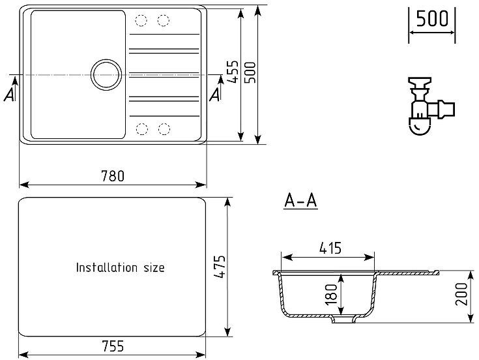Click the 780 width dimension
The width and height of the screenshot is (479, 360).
point(113,176)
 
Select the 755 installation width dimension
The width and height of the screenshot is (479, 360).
point(113,346)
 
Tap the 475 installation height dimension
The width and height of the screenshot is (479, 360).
point(220,267)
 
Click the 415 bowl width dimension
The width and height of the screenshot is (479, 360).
point(330,248)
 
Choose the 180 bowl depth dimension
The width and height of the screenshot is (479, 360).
point(331,294)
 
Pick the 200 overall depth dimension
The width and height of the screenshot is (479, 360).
point(461,294)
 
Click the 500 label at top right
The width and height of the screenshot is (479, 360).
point(432,18)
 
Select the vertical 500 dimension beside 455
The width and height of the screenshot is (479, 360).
point(250,72)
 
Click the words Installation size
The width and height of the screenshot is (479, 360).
point(121,267)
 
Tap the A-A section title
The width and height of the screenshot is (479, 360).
point(301,201)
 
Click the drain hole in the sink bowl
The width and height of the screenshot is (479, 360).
point(106,75)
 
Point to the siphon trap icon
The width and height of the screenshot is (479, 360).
point(431,106)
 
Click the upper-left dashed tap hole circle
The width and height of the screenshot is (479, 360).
point(141,20)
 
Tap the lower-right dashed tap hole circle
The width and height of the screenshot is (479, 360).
point(164,129)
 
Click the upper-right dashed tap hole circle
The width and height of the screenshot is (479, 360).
point(164,20)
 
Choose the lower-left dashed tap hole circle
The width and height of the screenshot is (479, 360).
point(142,129)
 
